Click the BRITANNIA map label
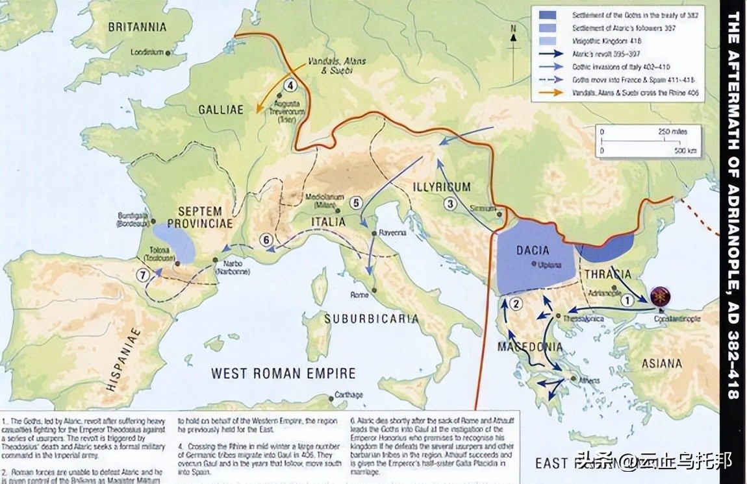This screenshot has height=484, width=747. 137,27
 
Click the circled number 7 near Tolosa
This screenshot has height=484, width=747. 142,274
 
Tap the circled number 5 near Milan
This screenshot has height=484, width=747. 355,202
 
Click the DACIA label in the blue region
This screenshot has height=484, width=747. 532,250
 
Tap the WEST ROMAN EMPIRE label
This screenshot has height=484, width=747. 283,373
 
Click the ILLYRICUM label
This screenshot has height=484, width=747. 441,187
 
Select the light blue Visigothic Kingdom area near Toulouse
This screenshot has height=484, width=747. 173,243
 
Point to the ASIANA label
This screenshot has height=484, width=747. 661,363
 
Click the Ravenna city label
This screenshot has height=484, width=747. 393,232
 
